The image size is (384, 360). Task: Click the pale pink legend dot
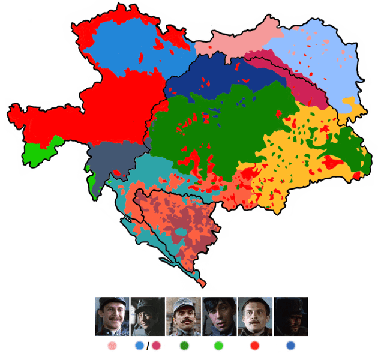click(x=112, y=346)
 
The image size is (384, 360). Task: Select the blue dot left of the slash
click(x=140, y=346)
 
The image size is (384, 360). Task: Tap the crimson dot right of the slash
click(x=156, y=346)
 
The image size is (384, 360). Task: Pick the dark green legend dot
click(x=184, y=346)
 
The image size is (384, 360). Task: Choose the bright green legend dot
click(x=219, y=346)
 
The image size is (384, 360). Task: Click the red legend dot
click(x=254, y=346)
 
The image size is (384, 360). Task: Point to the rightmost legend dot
click(x=291, y=346)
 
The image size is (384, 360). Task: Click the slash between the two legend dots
click(x=148, y=346)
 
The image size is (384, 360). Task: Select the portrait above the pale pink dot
click(x=112, y=316)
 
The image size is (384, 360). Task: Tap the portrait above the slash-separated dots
click(x=148, y=316)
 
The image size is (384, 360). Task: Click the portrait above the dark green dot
click(x=184, y=316)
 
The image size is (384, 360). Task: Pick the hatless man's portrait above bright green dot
click(x=220, y=316)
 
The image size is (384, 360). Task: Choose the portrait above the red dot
click(x=255, y=316)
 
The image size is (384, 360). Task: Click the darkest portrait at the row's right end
click(x=291, y=316)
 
